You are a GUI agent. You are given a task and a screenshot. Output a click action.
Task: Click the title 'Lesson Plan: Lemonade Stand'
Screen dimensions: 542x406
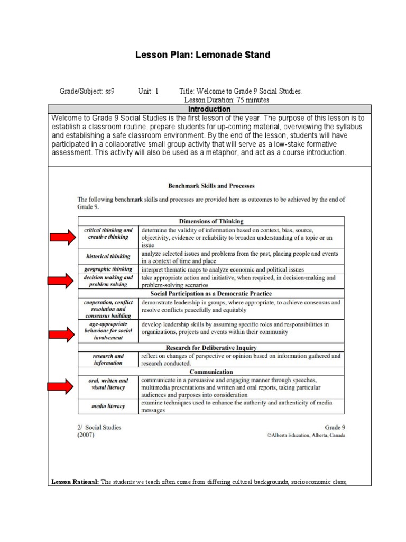pyautogui.click(x=203, y=55)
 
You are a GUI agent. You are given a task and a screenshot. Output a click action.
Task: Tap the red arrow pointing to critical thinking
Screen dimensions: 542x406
pyautogui.click(x=63, y=238)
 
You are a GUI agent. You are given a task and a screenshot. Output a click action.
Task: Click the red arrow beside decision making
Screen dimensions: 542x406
pyautogui.click(x=63, y=281)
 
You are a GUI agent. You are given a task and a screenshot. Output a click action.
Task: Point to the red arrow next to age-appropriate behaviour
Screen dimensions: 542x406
pyautogui.click(x=63, y=333)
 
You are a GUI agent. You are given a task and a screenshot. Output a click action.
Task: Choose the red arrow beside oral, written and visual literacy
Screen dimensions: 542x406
pyautogui.click(x=63, y=387)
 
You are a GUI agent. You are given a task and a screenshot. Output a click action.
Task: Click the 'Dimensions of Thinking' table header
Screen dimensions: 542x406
pyautogui.click(x=211, y=221)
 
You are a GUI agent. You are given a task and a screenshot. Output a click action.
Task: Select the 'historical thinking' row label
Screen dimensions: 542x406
pyautogui.click(x=109, y=256)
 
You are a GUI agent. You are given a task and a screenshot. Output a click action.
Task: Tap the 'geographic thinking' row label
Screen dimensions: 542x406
pyautogui.click(x=109, y=268)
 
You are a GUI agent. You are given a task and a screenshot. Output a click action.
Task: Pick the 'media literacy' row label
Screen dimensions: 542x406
pyautogui.click(x=109, y=406)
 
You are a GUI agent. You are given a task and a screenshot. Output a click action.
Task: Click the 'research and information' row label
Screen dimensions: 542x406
pyautogui.click(x=109, y=359)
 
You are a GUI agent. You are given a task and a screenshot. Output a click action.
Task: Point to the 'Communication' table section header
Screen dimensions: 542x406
pyautogui.click(x=211, y=372)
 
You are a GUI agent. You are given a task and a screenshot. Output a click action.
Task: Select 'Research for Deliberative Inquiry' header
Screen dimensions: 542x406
pyautogui.click(x=211, y=347)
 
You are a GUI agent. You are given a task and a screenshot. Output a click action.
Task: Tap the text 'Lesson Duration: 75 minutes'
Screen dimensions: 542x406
pyautogui.click(x=226, y=100)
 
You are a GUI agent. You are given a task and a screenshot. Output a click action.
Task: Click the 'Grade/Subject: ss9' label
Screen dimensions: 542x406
pyautogui.click(x=87, y=91)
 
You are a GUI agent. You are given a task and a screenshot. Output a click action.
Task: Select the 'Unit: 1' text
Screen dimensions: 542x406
pyautogui.click(x=148, y=91)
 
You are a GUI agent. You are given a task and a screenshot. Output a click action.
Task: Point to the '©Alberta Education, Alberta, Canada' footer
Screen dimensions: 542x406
pyautogui.click(x=306, y=436)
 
